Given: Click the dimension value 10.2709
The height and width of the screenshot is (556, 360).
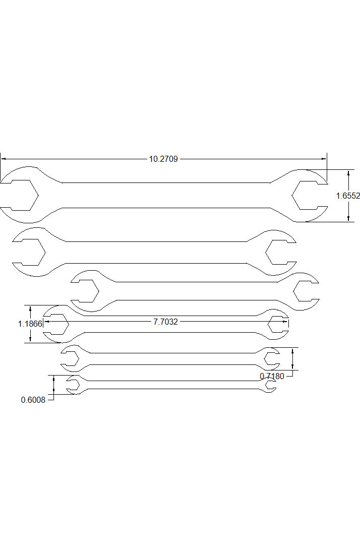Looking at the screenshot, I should pyautogui.click(x=163, y=159).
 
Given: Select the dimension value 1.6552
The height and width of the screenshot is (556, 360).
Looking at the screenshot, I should pyautogui.click(x=348, y=196).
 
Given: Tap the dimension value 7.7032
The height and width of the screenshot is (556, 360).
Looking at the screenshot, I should pyautogui.click(x=165, y=322).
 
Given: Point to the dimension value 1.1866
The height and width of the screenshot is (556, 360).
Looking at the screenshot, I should pyautogui.click(x=30, y=324).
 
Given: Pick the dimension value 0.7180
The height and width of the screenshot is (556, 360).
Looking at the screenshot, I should pyautogui.click(x=272, y=376).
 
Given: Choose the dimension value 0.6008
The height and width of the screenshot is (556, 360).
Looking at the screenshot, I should pyautogui.click(x=33, y=400).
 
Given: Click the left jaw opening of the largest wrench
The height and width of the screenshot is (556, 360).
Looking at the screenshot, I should pyautogui.click(x=20, y=196).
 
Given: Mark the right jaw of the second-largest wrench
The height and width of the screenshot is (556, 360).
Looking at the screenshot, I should pyautogui.click(x=280, y=252).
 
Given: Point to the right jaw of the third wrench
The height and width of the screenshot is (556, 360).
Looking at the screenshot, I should pyautogui.click(x=306, y=291).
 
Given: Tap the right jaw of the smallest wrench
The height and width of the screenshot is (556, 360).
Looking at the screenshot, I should pyautogui.click(x=270, y=385).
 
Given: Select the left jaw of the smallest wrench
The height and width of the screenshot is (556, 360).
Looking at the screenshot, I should pyautogui.click(x=74, y=385).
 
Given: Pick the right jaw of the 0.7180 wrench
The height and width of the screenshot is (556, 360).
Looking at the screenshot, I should pyautogui.click(x=271, y=358).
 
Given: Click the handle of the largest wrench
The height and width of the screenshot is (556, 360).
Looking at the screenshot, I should pyautogui.click(x=166, y=195).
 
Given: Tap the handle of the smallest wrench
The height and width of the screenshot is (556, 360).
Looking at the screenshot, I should pyautogui.click(x=171, y=385).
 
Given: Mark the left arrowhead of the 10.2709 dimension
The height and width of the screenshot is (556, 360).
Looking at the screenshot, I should pyautogui.click(x=3, y=159).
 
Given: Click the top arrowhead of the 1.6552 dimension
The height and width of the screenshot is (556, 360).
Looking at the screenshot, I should pyautogui.click(x=348, y=172).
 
